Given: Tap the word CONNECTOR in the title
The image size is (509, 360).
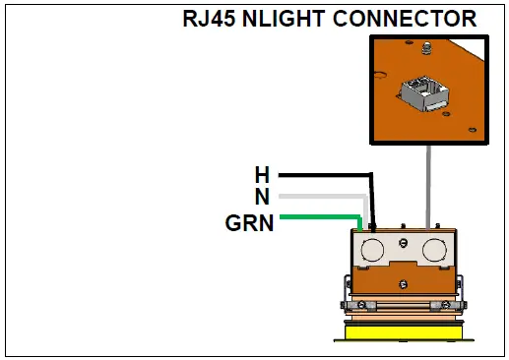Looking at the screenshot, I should pyautogui.click(x=402, y=19).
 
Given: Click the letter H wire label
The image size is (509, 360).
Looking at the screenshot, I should pyautogui.click(x=262, y=175).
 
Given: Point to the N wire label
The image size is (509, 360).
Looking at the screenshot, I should pyautogui.click(x=262, y=197).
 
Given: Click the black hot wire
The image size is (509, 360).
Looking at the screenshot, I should pyautogui.click(x=325, y=175).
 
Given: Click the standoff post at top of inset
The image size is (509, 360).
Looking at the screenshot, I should pyautogui.click(x=425, y=48).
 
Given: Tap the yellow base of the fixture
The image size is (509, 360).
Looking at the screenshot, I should pyautogui.click(x=404, y=332).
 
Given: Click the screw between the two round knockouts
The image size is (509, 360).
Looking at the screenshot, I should pyautogui.click(x=404, y=240).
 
